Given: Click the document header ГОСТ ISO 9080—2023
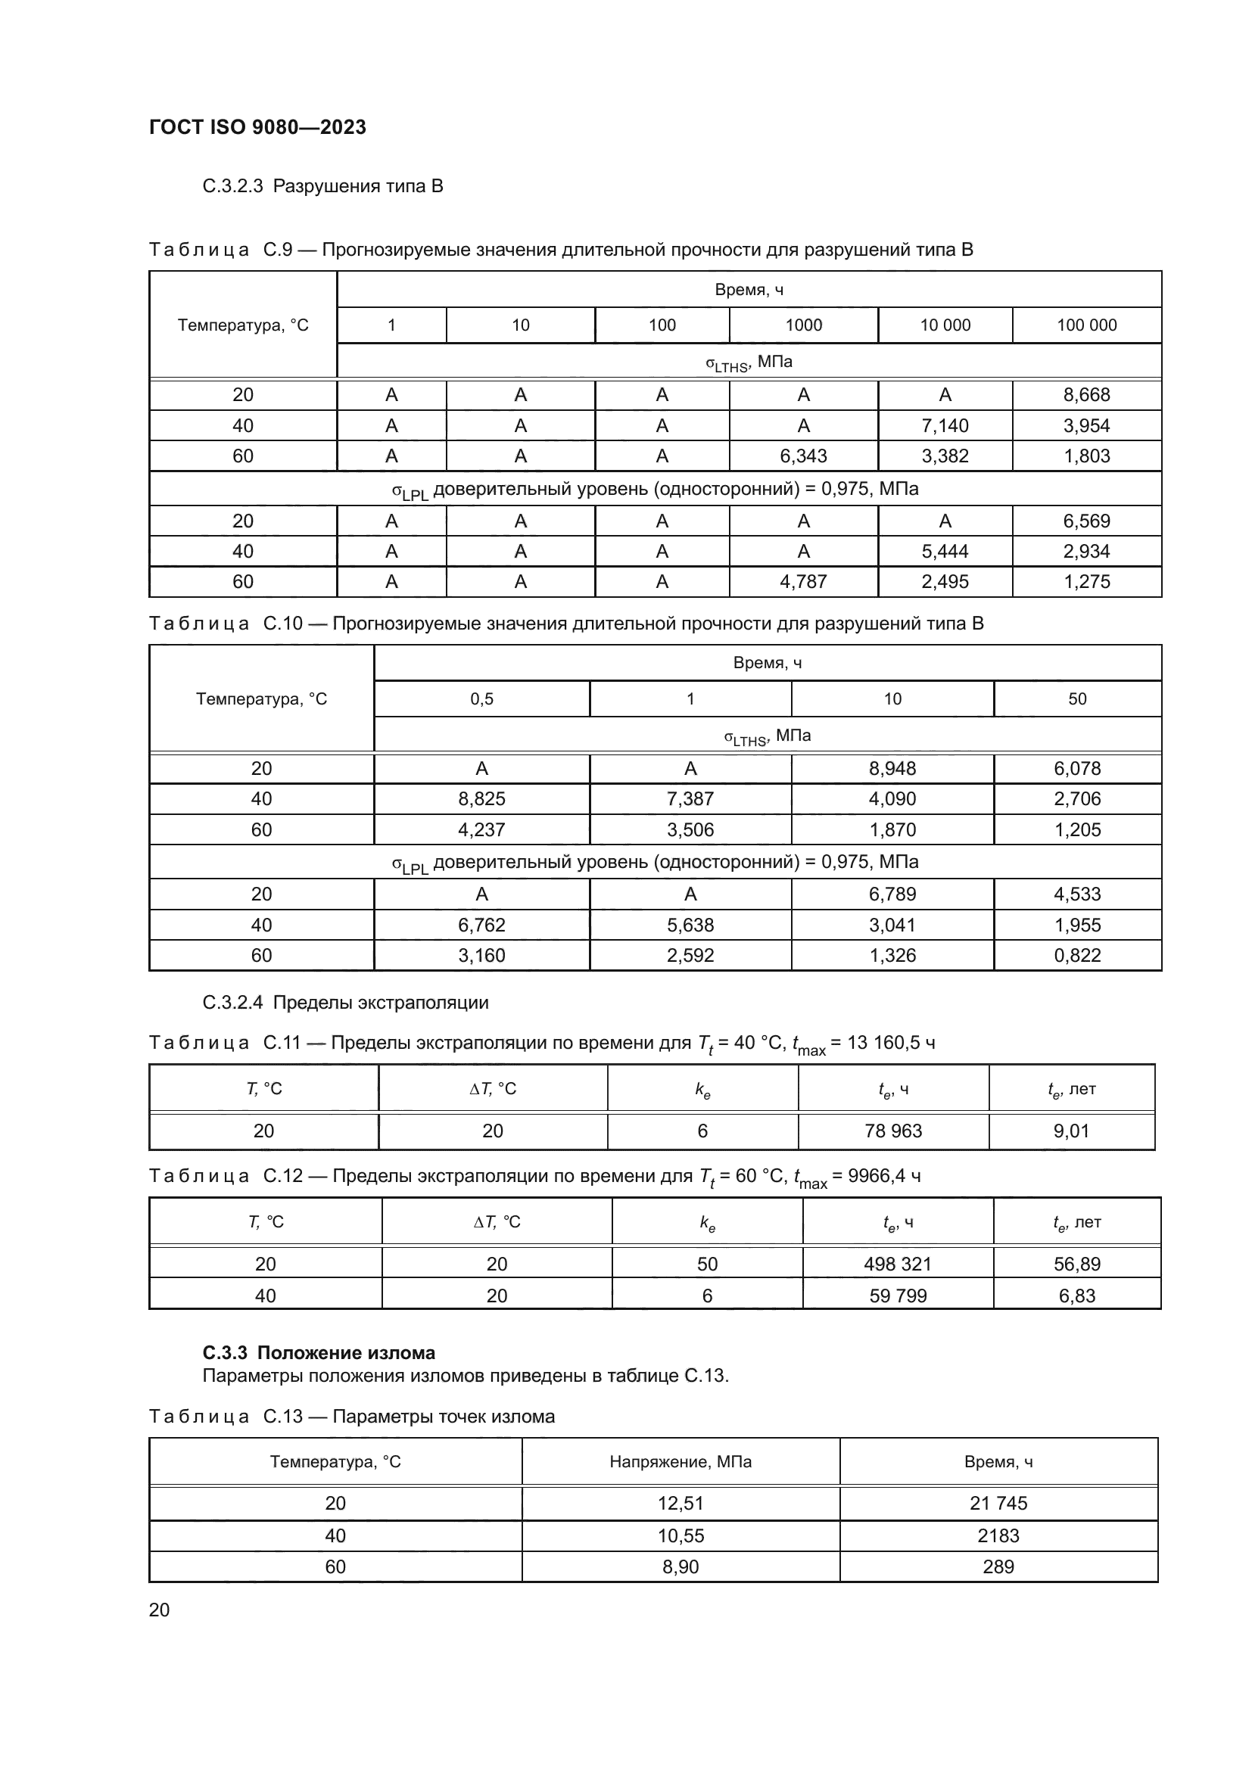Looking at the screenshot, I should click(257, 127).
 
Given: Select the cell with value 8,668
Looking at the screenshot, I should click(1086, 395).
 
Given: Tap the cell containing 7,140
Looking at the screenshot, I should click(945, 425).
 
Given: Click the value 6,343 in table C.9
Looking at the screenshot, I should click(802, 456).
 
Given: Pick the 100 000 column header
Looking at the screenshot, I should click(1086, 325).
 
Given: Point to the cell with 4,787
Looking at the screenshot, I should click(802, 581).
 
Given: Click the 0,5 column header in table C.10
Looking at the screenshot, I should click(482, 699).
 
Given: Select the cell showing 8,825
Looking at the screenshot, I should click(482, 798).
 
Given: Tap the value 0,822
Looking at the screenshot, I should click(1077, 955).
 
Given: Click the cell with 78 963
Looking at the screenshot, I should click(892, 1131).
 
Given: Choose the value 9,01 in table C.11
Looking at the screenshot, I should click(1071, 1131).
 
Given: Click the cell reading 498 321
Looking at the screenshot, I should click(898, 1265).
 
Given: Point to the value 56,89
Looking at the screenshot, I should click(1076, 1265).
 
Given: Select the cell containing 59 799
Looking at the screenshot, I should click(898, 1296).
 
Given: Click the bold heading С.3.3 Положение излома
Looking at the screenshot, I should click(319, 1353).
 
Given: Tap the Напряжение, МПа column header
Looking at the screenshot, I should click(680, 1463).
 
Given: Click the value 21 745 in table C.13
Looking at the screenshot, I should click(998, 1504).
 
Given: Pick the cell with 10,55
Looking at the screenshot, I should click(680, 1535).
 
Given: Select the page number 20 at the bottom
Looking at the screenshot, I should click(159, 1610).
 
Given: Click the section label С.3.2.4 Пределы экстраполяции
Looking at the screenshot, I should click(345, 1003).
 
